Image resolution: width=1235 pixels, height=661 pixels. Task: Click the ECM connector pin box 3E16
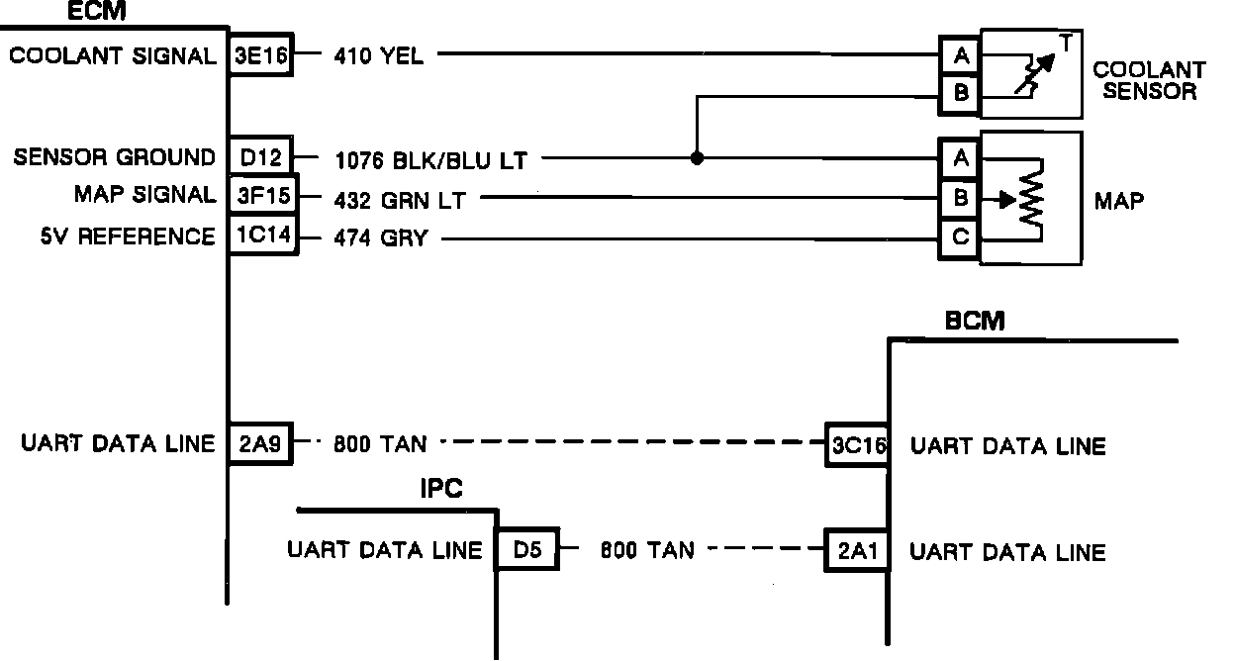pyautogui.click(x=261, y=55)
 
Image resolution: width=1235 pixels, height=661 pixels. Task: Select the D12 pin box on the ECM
pyautogui.click(x=261, y=157)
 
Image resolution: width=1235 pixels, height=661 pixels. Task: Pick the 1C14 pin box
pyautogui.click(x=261, y=237)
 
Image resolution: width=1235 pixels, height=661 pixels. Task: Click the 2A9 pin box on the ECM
pyautogui.click(x=261, y=444)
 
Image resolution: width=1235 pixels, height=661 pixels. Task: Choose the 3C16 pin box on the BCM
pyautogui.click(x=858, y=445)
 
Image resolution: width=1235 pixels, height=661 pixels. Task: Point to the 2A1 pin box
pyautogui.click(x=857, y=551)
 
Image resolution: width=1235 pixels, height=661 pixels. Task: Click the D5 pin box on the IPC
pyautogui.click(x=526, y=551)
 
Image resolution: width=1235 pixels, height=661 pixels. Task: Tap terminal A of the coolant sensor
pyautogui.click(x=960, y=56)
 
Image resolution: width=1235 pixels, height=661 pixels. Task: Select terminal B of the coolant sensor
pyautogui.click(x=960, y=96)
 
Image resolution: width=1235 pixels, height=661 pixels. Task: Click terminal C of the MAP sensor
pyautogui.click(x=960, y=238)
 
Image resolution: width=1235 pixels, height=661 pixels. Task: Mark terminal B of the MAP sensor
pyautogui.click(x=960, y=198)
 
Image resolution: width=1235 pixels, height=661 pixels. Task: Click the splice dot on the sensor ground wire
pyautogui.click(x=697, y=157)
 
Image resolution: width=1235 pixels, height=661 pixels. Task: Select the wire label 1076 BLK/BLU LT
pyautogui.click(x=430, y=158)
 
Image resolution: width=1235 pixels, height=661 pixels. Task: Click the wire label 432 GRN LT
pyautogui.click(x=400, y=199)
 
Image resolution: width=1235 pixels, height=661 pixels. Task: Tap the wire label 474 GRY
pyautogui.click(x=381, y=238)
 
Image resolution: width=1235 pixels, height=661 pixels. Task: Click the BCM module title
pyautogui.click(x=975, y=321)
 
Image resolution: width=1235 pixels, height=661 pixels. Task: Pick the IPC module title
pyautogui.click(x=442, y=489)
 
